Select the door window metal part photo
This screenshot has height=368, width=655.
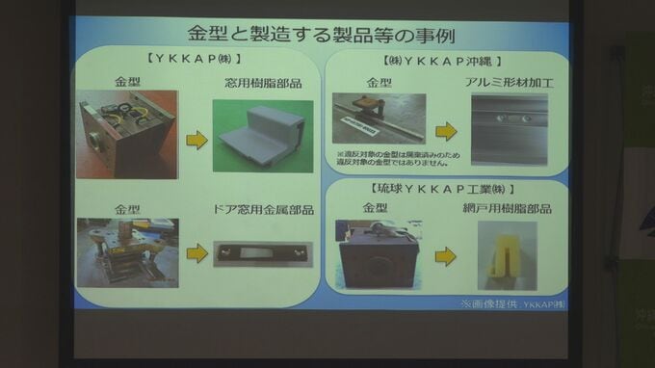click(x=260, y=253)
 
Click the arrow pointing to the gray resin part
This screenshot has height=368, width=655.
click(x=196, y=141)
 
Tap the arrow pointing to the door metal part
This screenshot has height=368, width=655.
click(x=196, y=253)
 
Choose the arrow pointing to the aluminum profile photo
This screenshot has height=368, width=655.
click(x=445, y=131)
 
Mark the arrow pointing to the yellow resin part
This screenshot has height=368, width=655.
click(x=445, y=257)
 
